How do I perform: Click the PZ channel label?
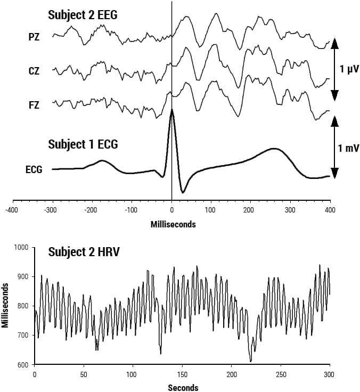34,37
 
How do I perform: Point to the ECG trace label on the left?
34,170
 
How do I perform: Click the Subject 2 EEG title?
83,15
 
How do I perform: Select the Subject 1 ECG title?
83,144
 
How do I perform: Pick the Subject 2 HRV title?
83,252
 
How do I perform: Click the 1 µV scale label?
349,69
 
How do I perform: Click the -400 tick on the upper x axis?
12,210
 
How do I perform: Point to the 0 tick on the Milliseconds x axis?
171,210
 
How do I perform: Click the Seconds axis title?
183,388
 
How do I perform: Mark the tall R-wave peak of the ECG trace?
171,111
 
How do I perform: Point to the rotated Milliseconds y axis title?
6,306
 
